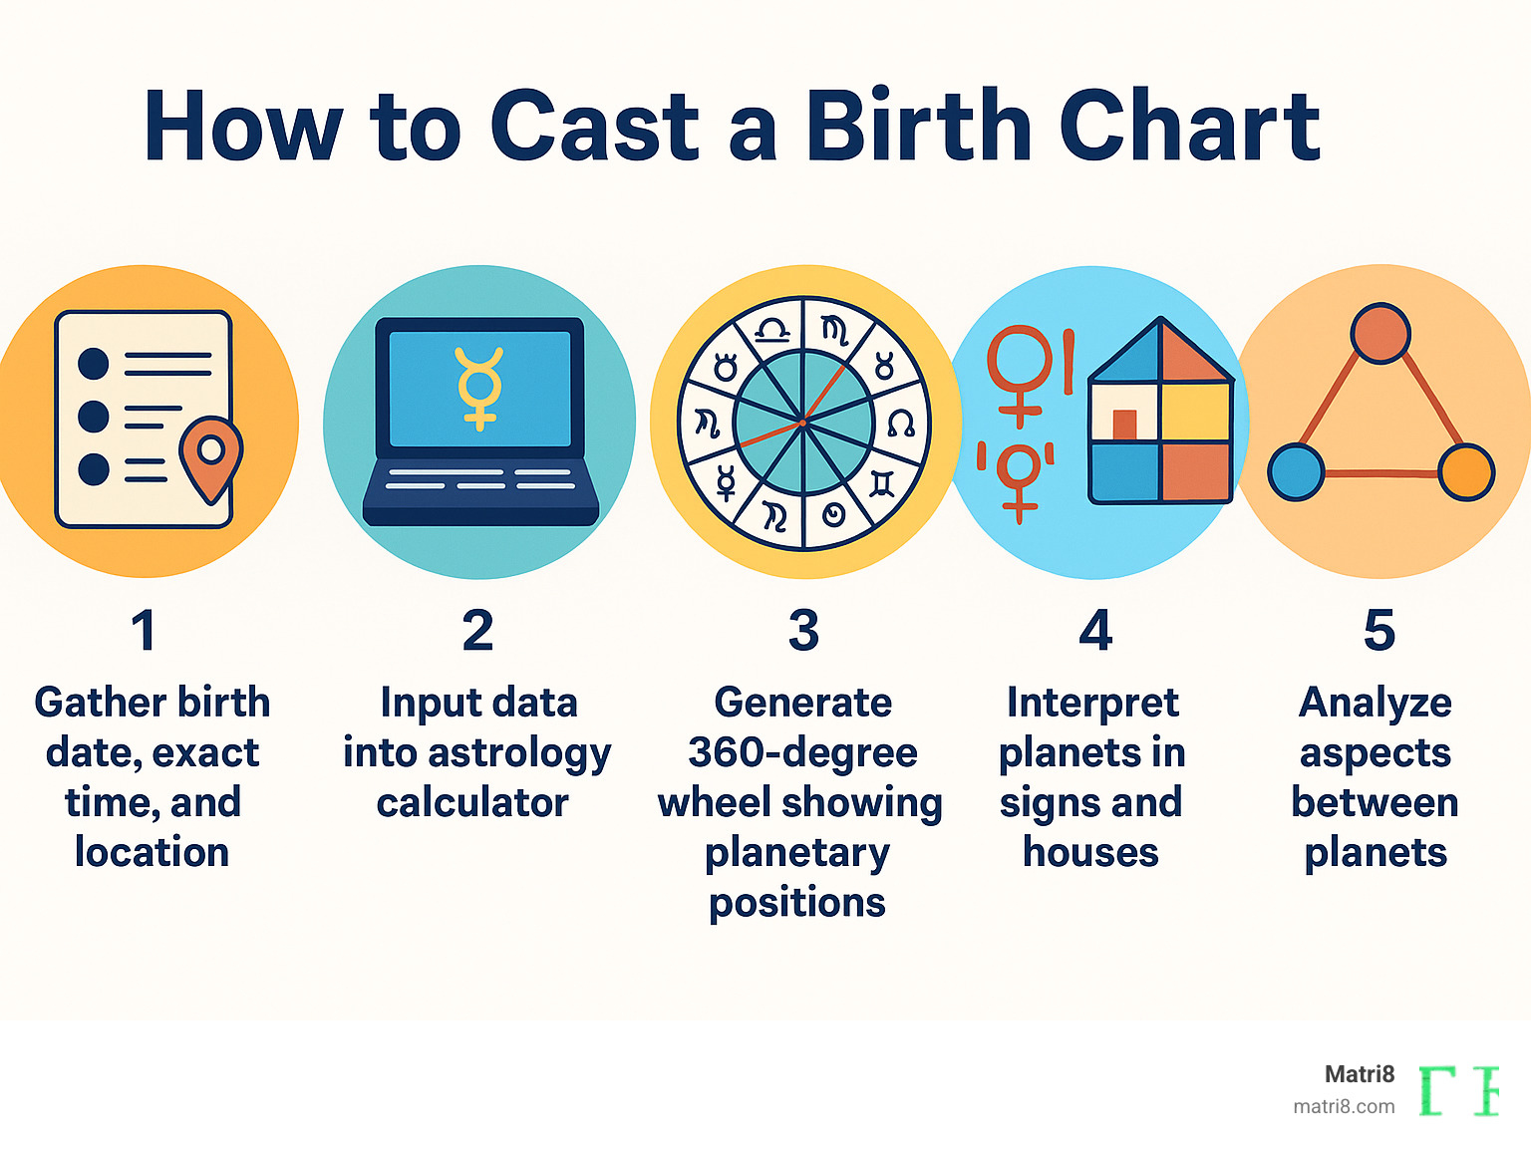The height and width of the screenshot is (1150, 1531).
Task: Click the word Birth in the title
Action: (918, 127)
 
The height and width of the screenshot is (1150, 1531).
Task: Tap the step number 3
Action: (803, 631)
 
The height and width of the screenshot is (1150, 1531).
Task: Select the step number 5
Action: (1378, 631)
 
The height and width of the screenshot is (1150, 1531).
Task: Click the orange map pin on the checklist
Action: (211, 457)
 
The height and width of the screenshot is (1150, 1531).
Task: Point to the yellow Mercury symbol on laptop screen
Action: (479, 388)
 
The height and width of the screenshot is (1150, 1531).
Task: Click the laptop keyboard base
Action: (480, 493)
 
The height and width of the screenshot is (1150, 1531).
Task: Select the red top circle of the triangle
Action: (1380, 333)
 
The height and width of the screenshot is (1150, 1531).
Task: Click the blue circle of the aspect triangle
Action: (1296, 471)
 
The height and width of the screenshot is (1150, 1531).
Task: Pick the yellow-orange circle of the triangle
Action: (1466, 472)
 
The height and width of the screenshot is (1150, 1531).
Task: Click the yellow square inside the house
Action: (1195, 411)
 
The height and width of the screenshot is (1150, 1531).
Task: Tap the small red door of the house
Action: (1124, 425)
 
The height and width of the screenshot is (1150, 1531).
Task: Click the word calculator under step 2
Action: (472, 803)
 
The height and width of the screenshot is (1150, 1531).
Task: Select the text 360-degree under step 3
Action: (802, 753)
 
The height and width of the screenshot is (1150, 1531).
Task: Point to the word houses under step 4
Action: (1090, 853)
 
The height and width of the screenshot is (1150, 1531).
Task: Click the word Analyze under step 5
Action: (1376, 704)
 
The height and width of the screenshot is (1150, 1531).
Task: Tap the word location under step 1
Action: (152, 853)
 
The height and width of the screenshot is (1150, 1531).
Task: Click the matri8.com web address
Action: (1344, 1106)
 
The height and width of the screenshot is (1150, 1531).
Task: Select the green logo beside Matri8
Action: (1458, 1090)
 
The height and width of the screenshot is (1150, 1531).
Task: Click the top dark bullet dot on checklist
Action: (94, 363)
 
